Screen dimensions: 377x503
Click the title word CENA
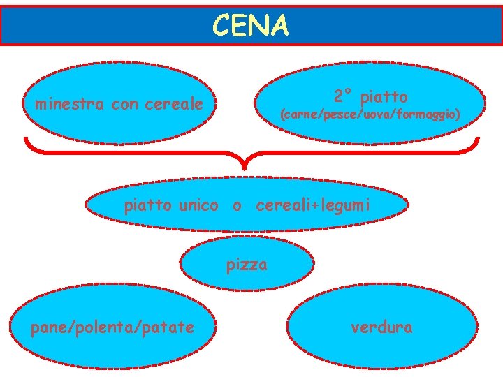(251, 26)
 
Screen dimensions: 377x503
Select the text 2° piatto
(370, 96)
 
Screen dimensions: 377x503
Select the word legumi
(344, 206)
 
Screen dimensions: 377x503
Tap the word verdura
(381, 326)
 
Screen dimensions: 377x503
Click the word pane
(45, 327)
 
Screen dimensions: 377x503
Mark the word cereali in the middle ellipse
(283, 206)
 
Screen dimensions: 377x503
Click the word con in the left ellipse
(124, 105)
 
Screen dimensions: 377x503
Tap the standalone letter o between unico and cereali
(238, 207)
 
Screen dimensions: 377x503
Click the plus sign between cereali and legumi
(314, 207)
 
